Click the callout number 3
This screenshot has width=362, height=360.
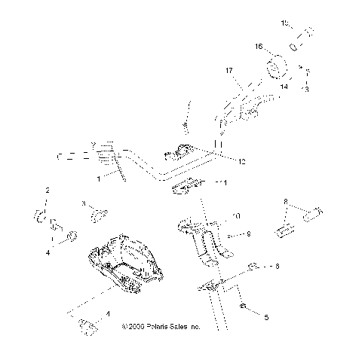84,204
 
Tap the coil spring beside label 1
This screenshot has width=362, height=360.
112,154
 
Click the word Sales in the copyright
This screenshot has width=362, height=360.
179,328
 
